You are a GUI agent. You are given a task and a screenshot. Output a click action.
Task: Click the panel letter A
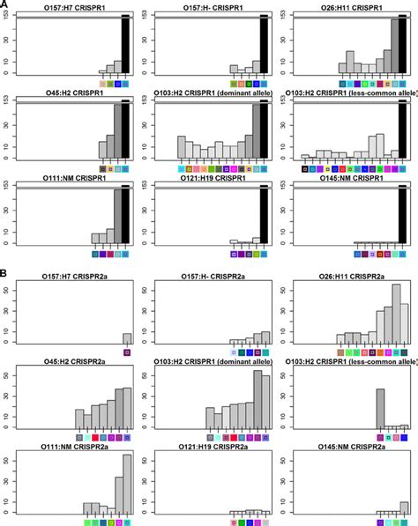tap(5, 4)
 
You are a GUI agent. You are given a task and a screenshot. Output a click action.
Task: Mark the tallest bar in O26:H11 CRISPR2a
tap(396, 314)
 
